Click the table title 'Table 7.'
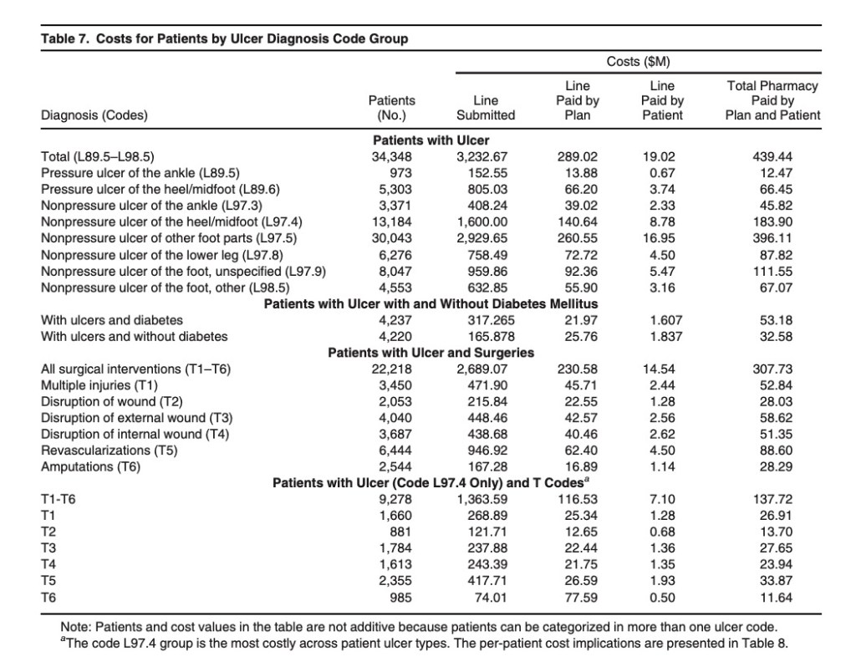65,39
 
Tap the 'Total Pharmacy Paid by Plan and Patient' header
774,100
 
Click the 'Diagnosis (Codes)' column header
94,115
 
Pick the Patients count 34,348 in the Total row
393,156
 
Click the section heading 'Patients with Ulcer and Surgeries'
431,353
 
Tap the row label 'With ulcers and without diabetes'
134,336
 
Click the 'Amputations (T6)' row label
91,466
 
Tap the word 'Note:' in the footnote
78,627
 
